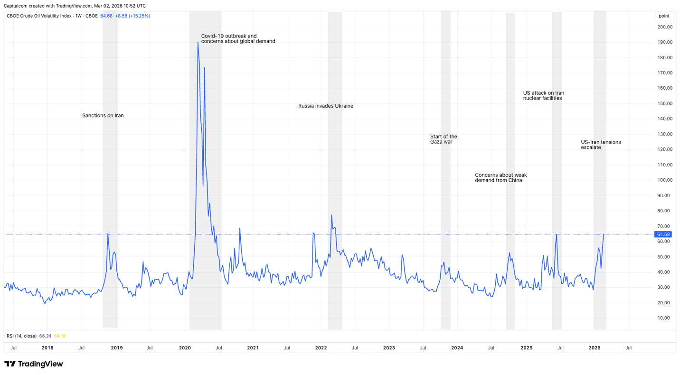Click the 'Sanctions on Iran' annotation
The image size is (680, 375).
click(x=103, y=116)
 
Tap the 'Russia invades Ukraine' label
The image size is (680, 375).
click(x=325, y=106)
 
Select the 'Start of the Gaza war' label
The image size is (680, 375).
click(x=444, y=139)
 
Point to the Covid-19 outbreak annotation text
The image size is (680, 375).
click(x=238, y=39)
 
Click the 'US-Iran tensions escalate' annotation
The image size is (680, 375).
click(x=601, y=145)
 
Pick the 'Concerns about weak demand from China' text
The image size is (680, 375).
click(x=501, y=178)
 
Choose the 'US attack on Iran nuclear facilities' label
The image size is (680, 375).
click(x=543, y=96)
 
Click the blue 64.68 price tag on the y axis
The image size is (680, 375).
click(x=663, y=235)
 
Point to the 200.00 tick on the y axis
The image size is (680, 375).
click(x=665, y=27)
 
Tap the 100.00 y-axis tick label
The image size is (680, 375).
click(x=665, y=180)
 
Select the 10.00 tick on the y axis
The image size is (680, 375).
click(x=665, y=318)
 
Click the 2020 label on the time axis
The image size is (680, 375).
click(x=185, y=348)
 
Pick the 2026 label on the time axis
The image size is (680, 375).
click(x=595, y=348)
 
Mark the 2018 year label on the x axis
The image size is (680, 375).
click(x=47, y=348)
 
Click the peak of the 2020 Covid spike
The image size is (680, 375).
click(x=198, y=42)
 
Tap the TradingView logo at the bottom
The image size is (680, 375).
click(x=34, y=364)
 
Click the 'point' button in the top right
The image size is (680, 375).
click(x=664, y=16)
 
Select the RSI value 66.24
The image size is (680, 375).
click(x=45, y=336)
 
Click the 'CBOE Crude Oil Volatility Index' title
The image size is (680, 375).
click(x=39, y=16)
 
